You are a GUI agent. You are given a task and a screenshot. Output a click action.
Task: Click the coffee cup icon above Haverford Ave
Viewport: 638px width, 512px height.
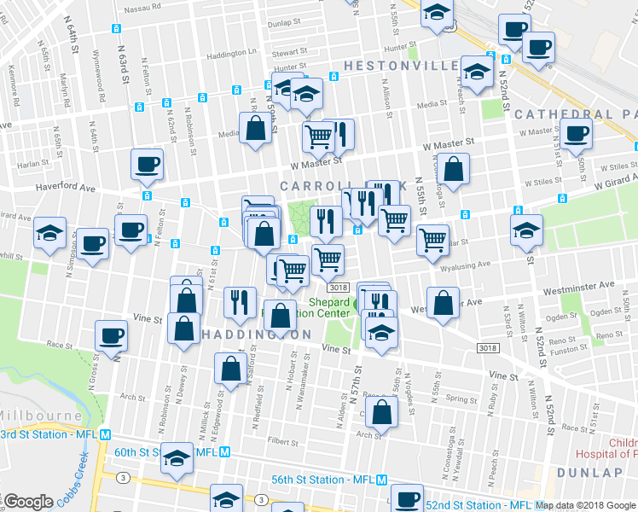click(x=147, y=164)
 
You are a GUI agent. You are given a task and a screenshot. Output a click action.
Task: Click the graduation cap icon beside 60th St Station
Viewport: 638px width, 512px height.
click(x=177, y=458)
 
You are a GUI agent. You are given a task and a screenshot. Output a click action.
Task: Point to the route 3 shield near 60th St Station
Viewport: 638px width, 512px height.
click(x=124, y=477)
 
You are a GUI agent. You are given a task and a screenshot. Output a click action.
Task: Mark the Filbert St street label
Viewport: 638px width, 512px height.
click(x=281, y=442)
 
